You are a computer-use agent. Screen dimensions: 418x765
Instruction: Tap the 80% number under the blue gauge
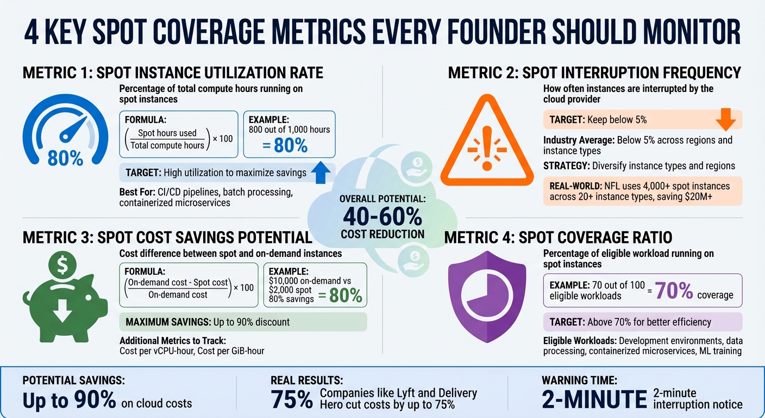pos(65,158)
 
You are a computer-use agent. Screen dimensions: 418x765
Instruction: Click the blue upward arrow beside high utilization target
pos(322,173)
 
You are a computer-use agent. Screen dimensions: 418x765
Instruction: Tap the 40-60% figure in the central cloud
pos(382,216)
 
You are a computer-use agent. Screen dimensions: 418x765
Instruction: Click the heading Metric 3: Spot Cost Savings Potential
pos(167,237)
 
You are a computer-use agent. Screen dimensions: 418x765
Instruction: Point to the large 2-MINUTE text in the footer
pos(594,399)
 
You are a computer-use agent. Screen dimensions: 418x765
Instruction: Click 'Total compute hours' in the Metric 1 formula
pos(167,145)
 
